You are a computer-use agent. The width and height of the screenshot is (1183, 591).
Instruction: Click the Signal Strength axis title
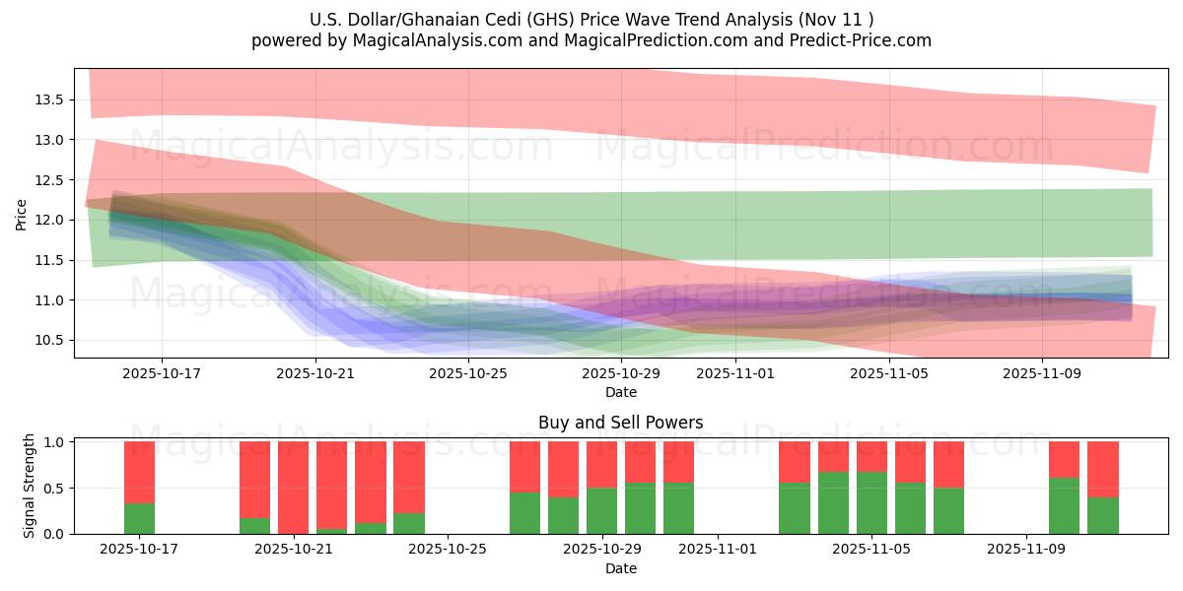tap(30, 486)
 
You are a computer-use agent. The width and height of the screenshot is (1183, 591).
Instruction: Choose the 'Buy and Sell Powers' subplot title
tap(620, 423)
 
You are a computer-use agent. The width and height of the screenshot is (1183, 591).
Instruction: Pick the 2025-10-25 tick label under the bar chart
tap(449, 550)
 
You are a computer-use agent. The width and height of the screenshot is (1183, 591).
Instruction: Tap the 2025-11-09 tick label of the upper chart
tap(1041, 374)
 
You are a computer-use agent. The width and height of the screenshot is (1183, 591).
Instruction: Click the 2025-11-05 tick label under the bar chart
tap(872, 550)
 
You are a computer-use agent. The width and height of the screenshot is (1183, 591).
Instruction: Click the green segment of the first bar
tap(139, 518)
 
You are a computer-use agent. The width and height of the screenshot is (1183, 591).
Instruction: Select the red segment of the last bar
tap(1102, 469)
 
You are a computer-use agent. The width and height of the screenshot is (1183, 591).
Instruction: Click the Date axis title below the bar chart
tap(620, 568)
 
